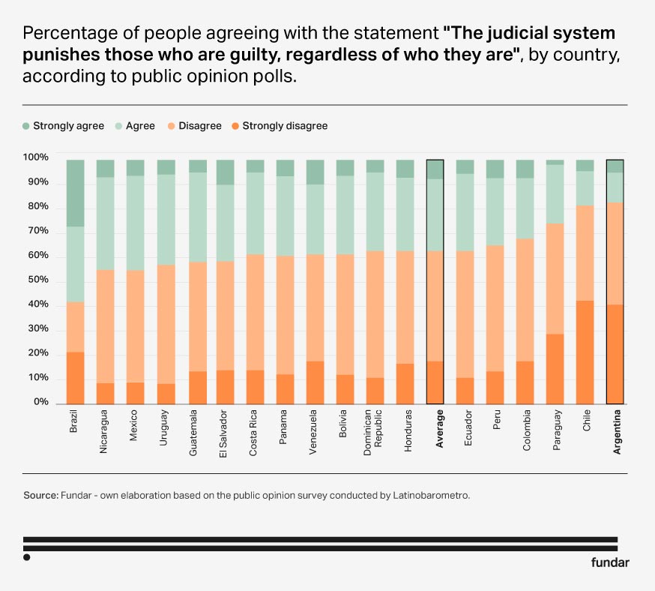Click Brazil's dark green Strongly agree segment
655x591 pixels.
click(x=75, y=193)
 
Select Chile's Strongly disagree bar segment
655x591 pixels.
click(x=585, y=352)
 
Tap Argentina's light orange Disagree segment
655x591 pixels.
click(x=615, y=253)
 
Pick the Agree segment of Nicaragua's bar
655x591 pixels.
click(x=105, y=223)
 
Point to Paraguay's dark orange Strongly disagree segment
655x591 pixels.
click(x=555, y=368)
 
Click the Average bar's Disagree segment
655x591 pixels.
click(x=435, y=306)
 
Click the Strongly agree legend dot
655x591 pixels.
click(x=27, y=126)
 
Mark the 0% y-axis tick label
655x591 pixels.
click(x=39, y=403)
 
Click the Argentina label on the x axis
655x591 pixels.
click(x=615, y=431)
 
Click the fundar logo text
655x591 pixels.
click(x=610, y=562)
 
